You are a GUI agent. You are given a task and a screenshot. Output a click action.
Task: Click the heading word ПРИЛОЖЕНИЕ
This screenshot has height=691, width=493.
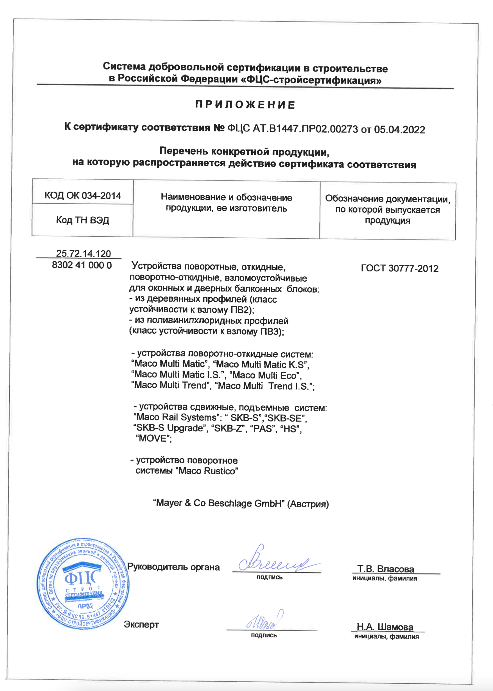point(245,105)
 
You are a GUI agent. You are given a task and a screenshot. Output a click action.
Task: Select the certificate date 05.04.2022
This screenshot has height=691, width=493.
point(399,130)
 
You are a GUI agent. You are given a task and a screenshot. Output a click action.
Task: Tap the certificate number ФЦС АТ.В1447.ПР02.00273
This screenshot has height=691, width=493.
point(293,129)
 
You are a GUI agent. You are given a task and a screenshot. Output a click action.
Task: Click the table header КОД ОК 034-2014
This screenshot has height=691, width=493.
point(83,195)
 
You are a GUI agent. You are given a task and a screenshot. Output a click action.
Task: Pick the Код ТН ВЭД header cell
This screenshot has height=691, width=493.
point(83,220)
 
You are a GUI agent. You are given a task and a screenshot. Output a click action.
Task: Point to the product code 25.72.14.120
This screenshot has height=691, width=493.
point(83,253)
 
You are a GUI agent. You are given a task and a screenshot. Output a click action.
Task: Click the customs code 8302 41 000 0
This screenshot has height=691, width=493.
point(82,265)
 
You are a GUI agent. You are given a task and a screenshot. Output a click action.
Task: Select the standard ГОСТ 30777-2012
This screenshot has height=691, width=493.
point(399,268)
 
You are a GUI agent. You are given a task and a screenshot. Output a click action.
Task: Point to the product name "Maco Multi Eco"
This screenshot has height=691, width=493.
point(266,375)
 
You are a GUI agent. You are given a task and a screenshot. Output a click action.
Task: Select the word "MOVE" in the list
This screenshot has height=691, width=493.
point(153,438)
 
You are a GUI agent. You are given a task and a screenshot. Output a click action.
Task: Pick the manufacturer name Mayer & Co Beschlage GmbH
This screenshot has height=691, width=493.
point(220,503)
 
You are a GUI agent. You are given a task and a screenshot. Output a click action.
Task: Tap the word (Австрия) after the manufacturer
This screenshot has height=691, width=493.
point(308,504)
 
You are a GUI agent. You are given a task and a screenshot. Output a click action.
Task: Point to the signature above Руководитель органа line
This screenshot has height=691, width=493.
point(275,563)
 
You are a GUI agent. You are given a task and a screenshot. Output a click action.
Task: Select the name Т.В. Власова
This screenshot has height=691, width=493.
point(386,569)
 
